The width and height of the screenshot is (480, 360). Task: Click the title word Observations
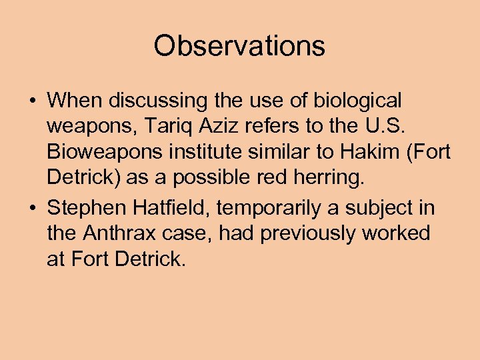coord(239,46)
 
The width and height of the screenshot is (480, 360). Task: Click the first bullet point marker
coord(32,101)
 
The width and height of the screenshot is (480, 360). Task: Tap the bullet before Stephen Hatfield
coord(32,209)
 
